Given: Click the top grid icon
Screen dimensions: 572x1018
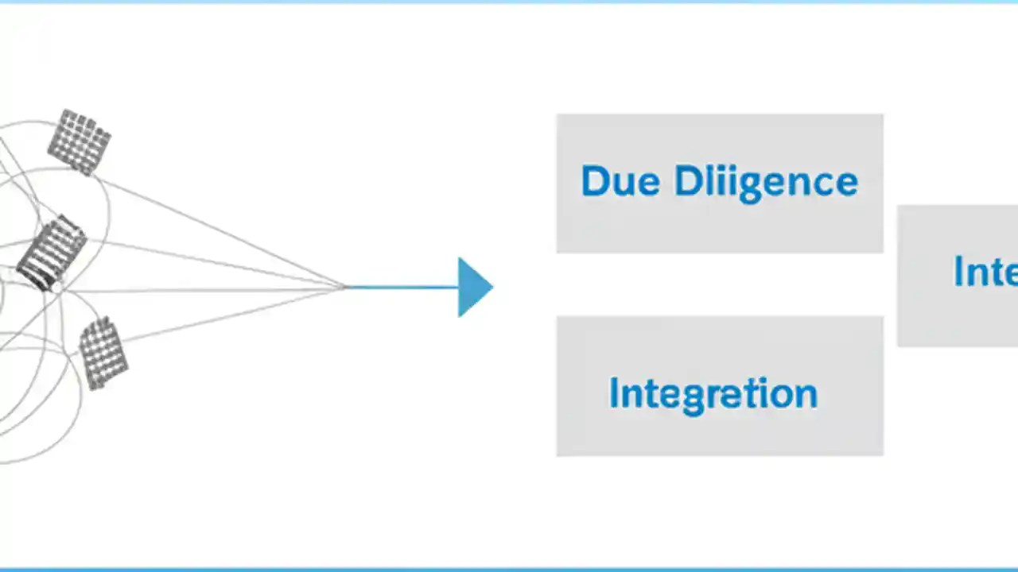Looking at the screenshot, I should coord(79,141).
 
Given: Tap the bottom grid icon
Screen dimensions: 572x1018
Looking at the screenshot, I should coord(103,352).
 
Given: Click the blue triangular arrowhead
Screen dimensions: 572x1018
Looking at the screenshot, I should coord(474,287).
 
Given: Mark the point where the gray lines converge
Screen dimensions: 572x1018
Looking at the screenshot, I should coord(345,287).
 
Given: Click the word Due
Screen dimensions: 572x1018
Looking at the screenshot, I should coord(620,182).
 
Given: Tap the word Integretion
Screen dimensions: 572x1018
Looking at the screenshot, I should coord(713,394).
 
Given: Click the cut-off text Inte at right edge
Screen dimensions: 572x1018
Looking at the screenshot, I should coord(985,272).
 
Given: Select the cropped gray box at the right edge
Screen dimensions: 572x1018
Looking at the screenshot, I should coord(958,318).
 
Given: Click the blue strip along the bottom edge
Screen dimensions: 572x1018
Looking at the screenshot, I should coord(509,569).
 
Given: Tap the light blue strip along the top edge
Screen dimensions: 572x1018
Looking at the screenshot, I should coord(509,2).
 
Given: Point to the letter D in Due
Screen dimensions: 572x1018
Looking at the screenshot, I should coord(595,181).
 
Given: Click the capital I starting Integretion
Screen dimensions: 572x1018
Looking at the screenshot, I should coord(613,392).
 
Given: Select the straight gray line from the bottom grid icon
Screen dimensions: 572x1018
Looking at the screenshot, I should coord(239,315).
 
